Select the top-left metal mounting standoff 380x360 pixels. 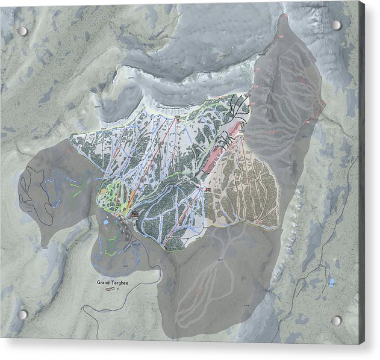[22, 31]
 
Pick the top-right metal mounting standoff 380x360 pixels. [336, 25]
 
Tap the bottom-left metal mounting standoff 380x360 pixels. [22, 314]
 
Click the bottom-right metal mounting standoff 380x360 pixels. [336, 320]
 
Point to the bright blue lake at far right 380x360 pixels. [331, 281]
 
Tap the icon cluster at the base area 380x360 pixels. [135, 214]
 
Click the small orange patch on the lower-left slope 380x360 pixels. [104, 191]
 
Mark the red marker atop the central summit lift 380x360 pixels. [178, 119]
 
